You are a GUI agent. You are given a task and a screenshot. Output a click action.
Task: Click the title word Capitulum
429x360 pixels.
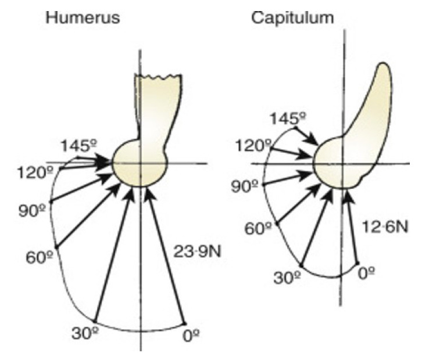coord(292,18)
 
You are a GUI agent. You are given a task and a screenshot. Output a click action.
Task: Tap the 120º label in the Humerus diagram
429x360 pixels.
coord(30,172)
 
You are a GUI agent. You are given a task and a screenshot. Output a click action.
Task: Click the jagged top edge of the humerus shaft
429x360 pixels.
coord(158,77)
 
